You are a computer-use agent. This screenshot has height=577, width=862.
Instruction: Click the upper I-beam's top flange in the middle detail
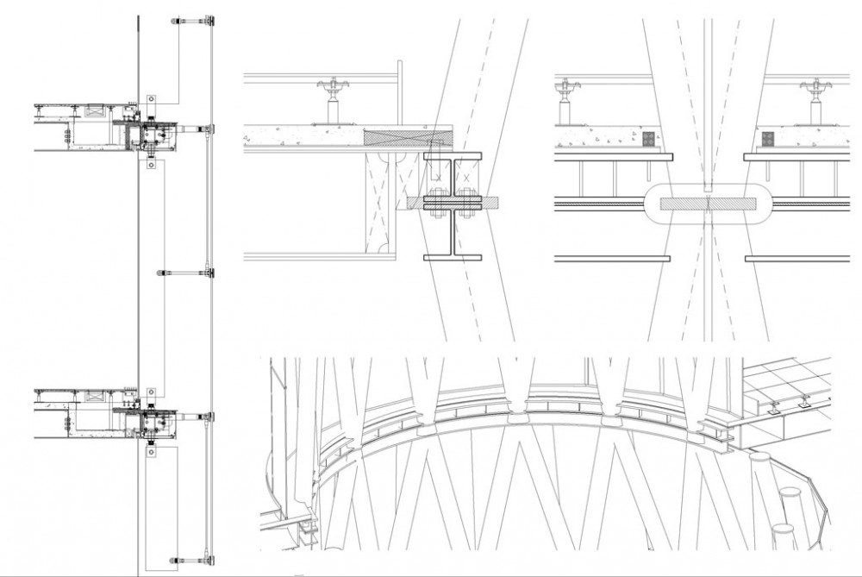coord(454,155)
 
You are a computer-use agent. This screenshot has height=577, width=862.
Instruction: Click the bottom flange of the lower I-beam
coord(454,256)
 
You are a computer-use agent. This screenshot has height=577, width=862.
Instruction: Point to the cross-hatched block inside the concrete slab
coord(409,136)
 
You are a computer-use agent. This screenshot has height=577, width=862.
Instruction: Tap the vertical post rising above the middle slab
coord(399,95)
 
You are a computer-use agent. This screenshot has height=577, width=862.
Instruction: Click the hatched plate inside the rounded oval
coord(706,204)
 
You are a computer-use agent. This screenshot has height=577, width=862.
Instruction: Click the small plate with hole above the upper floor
coord(151,97)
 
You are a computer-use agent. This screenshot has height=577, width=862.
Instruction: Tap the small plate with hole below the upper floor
coord(151,162)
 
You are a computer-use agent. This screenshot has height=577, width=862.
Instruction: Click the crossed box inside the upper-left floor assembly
coord(156,133)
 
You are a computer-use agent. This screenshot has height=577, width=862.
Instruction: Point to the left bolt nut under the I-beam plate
coord(434,214)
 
